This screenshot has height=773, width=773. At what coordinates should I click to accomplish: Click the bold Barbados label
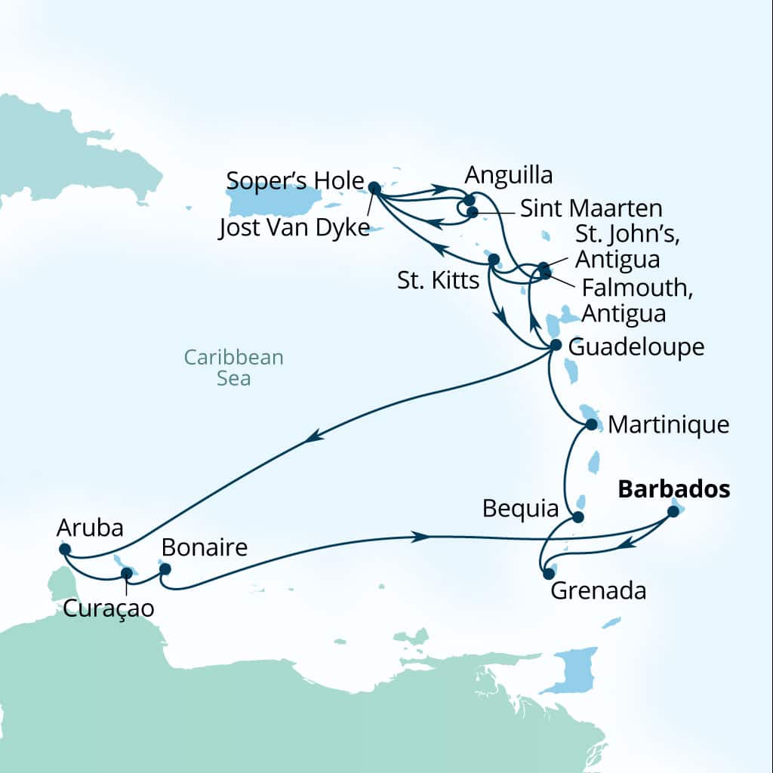point(673,490)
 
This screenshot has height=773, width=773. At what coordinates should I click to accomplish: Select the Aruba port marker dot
point(65,550)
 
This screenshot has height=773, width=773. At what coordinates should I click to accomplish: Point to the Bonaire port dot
point(165,568)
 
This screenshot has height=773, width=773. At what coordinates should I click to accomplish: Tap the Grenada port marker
point(549,574)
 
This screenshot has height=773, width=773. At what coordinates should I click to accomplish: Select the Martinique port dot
point(591,425)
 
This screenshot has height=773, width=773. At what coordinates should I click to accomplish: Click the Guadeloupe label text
point(636,347)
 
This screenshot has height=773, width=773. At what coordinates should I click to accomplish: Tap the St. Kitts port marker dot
point(494,260)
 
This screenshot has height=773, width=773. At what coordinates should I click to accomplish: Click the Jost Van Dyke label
point(294,229)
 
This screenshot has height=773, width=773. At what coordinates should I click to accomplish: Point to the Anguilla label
point(508,175)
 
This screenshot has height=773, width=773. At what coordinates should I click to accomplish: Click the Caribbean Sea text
point(234,367)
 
